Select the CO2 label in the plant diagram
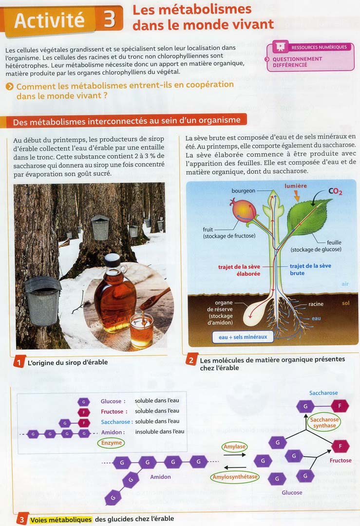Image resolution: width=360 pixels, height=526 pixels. click(x=335, y=191)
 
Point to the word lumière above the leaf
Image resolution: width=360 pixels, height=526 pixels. click(x=296, y=186)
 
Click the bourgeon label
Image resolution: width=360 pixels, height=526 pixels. click(x=243, y=190)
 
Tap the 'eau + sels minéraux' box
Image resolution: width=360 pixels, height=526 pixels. click(x=243, y=337)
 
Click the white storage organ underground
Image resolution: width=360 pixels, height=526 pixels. click(x=254, y=312)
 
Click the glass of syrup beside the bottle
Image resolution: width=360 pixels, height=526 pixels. click(x=141, y=331)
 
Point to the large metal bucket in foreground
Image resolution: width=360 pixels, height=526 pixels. click(x=43, y=301)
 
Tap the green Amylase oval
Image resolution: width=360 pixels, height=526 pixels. click(x=234, y=447)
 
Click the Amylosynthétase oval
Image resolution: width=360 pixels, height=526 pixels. click(x=235, y=477)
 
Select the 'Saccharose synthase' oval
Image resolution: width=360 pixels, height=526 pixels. click(x=324, y=422)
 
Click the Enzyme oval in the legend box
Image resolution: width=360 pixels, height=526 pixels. click(x=111, y=443)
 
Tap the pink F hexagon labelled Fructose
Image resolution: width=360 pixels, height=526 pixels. click(x=340, y=446)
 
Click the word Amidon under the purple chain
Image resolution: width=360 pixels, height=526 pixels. click(x=160, y=477)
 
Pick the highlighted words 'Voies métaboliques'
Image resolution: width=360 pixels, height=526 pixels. click(x=61, y=519)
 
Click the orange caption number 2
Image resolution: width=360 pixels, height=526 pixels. click(x=191, y=360)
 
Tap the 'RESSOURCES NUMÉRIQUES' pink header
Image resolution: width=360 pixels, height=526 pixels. click(x=319, y=47)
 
